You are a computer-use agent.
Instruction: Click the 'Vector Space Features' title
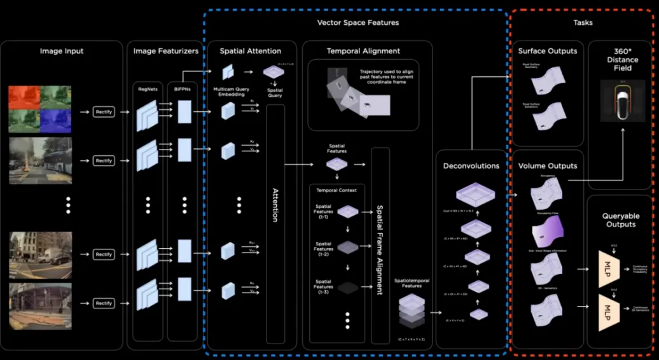click(358, 22)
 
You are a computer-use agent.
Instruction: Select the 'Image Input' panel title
click(62, 51)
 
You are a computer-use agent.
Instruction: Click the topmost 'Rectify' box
click(104, 112)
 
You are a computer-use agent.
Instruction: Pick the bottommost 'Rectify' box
click(104, 303)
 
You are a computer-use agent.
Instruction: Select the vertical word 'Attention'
click(275, 205)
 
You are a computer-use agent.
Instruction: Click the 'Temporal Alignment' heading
click(363, 51)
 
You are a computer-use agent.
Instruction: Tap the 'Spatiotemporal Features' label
click(408, 284)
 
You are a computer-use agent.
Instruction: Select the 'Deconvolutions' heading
click(470, 166)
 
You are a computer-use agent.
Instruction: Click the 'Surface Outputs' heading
click(548, 51)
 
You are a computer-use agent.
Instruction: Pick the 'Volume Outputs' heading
click(548, 165)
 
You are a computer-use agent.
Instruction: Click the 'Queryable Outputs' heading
click(621, 219)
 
